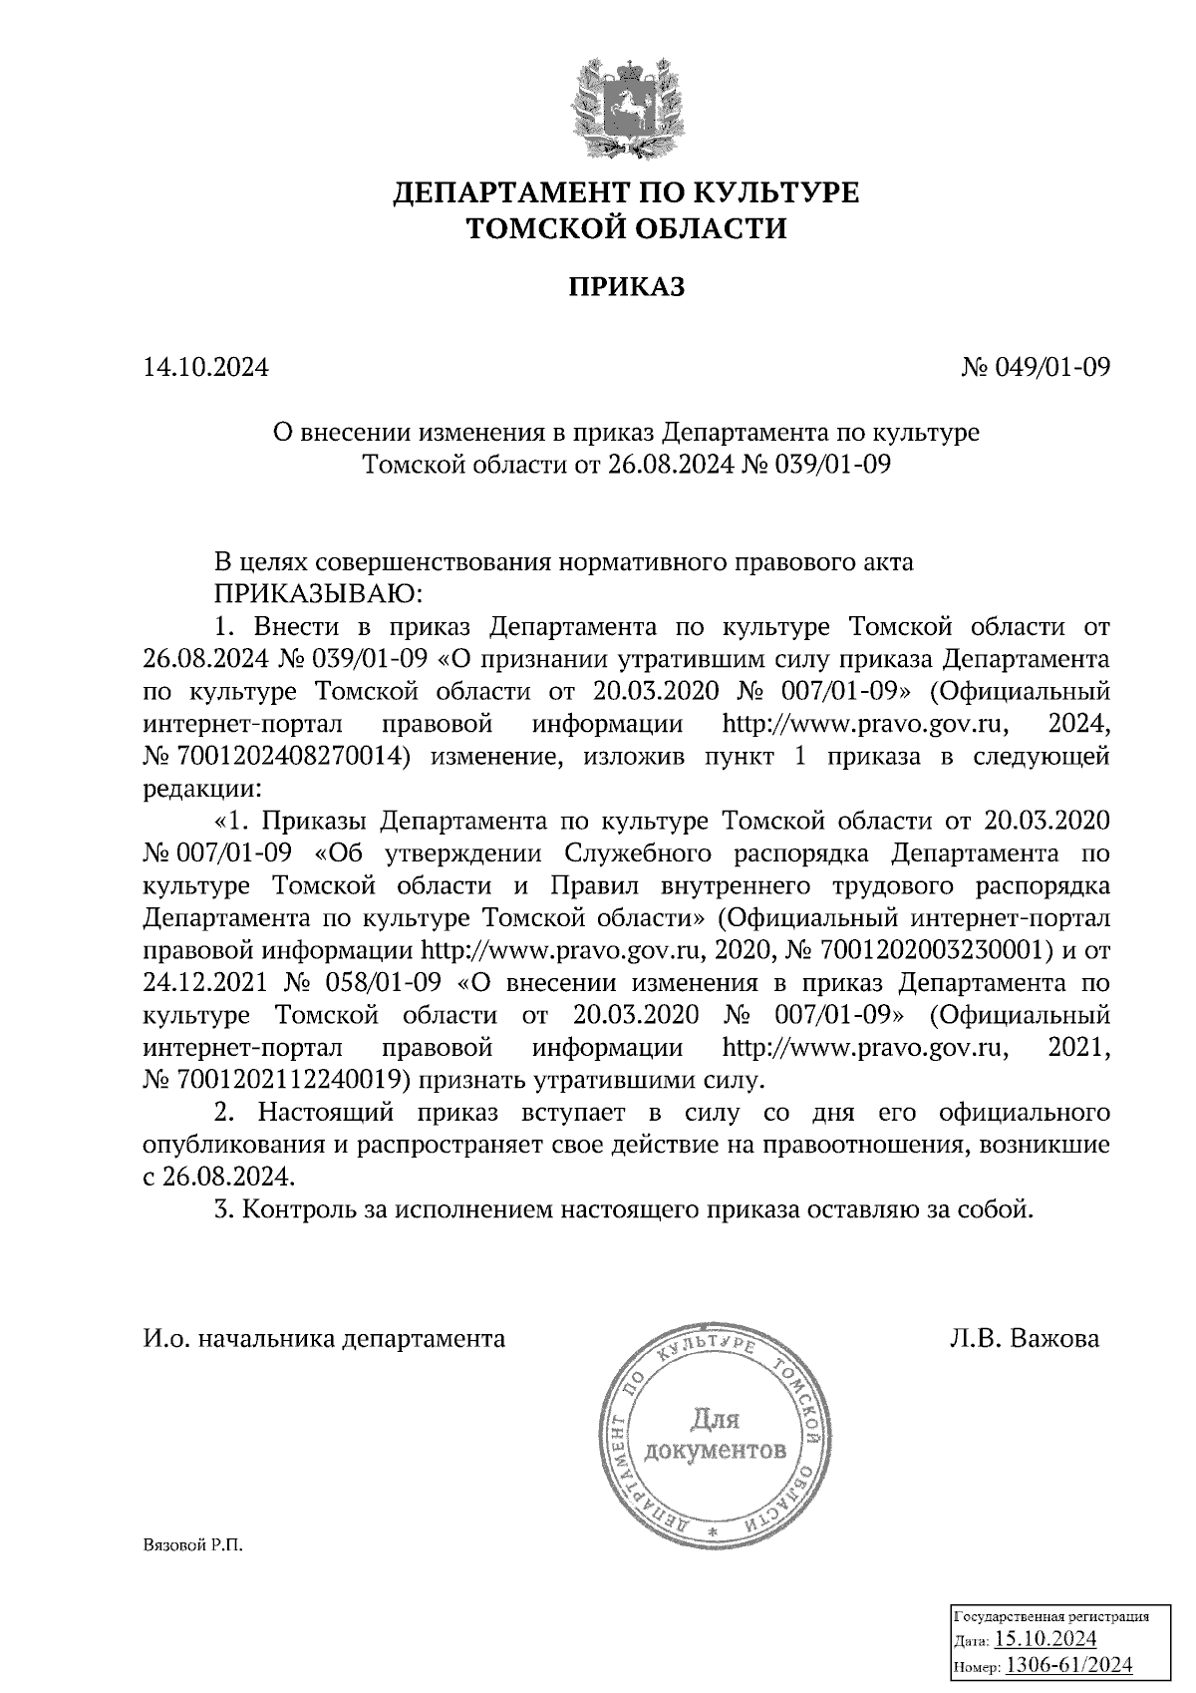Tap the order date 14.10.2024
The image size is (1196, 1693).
pyautogui.click(x=206, y=368)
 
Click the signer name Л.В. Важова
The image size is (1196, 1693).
pyautogui.click(x=1025, y=1338)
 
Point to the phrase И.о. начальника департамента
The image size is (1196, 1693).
pyautogui.click(x=325, y=1338)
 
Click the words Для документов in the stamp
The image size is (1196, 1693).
pyautogui.click(x=715, y=1433)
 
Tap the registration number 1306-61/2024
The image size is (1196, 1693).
pyautogui.click(x=1067, y=1664)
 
